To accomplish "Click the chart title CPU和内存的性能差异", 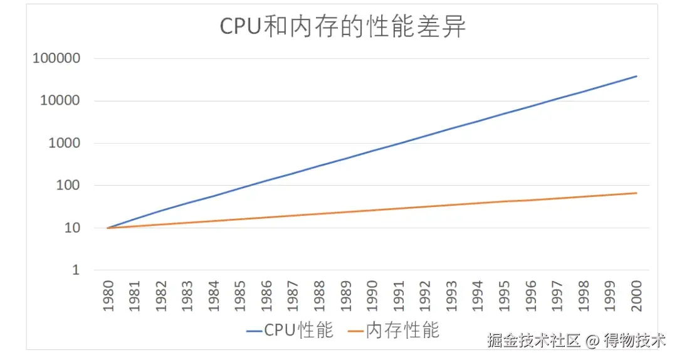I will (x=342, y=28).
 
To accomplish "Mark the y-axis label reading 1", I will (x=76, y=270).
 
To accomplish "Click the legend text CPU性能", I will (x=298, y=330).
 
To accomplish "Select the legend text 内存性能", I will (x=402, y=330).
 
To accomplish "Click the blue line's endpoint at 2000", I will (x=637, y=77).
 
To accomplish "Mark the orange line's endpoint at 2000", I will (x=637, y=193).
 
